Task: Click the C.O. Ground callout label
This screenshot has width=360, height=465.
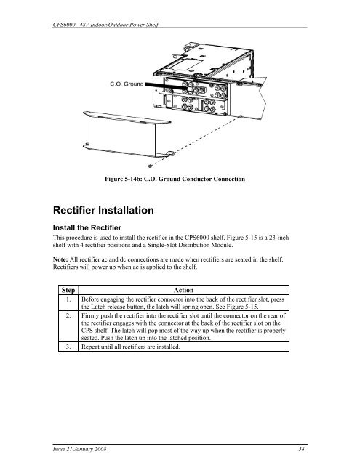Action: pyautogui.click(x=127, y=84)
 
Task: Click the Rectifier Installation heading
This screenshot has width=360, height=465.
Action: pyautogui.click(x=103, y=210)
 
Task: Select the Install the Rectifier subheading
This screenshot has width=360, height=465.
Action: pyautogui.click(x=87, y=227)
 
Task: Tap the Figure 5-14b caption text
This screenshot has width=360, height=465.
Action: pyautogui.click(x=175, y=179)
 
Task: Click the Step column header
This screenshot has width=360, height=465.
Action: pyautogui.click(x=68, y=290)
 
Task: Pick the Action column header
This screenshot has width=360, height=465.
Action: pyautogui.click(x=183, y=290)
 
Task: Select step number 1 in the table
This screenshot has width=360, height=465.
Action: pyautogui.click(x=68, y=299)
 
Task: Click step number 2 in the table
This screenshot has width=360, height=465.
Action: pyautogui.click(x=68, y=315)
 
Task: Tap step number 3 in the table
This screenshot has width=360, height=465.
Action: pyautogui.click(x=68, y=347)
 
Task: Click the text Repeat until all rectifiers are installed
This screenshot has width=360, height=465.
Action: pyautogui.click(x=131, y=347)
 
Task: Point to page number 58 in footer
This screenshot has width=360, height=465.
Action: pyautogui.click(x=301, y=449)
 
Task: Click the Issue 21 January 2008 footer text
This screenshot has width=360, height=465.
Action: pyautogui.click(x=79, y=449)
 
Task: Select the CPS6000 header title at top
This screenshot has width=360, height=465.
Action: pyautogui.click(x=105, y=24)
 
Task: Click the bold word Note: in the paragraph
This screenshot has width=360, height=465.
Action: pyautogui.click(x=60, y=259)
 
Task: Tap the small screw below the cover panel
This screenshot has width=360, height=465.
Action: pyautogui.click(x=151, y=166)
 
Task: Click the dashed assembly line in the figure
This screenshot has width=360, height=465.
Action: pyautogui.click(x=196, y=141)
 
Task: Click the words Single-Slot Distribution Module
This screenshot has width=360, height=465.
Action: pyautogui.click(x=190, y=246)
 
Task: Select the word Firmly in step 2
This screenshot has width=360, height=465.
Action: pyautogui.click(x=90, y=315)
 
